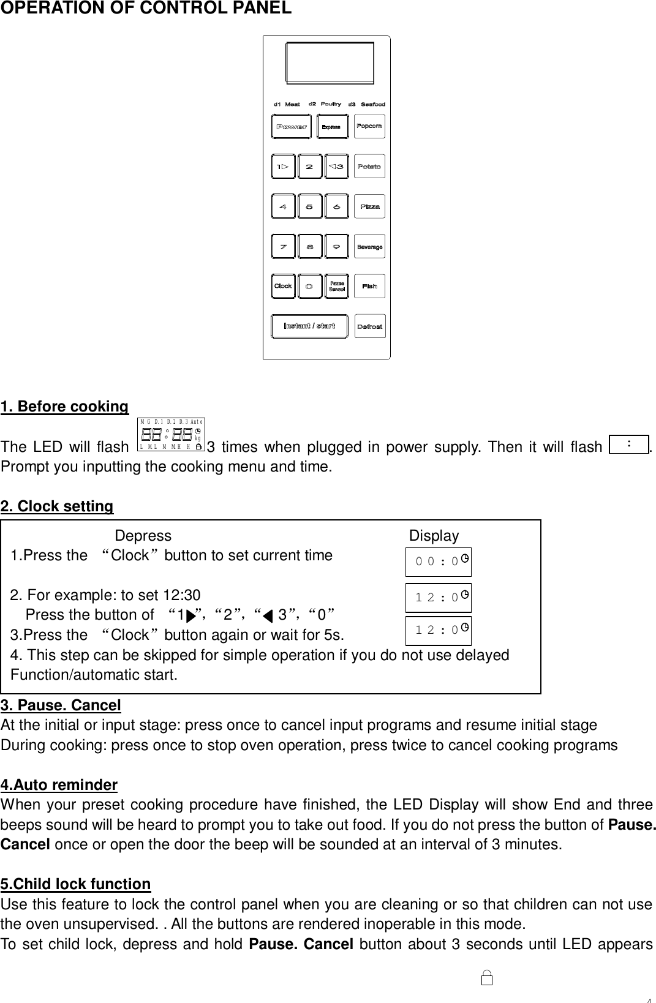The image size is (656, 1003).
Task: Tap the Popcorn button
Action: tap(369, 126)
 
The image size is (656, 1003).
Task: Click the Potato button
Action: tap(369, 167)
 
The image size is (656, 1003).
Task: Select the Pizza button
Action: tap(369, 206)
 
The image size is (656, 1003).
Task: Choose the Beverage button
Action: tap(369, 247)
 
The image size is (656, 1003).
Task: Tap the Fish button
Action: tap(369, 286)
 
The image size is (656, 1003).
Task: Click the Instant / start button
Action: tap(309, 326)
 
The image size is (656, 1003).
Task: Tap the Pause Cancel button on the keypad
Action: tap(336, 286)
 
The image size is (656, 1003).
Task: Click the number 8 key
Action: tap(310, 247)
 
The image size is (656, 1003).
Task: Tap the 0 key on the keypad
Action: tap(310, 286)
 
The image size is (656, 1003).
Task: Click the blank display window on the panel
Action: tap(330, 62)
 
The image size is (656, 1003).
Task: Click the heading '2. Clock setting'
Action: tap(57, 506)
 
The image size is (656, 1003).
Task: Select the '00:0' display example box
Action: tap(439, 562)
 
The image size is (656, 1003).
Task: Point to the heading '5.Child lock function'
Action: tap(76, 884)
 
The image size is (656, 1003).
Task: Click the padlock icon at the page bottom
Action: tap(488, 978)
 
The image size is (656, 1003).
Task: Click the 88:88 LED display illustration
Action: tap(171, 435)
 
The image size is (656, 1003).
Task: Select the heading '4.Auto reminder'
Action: tap(59, 785)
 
